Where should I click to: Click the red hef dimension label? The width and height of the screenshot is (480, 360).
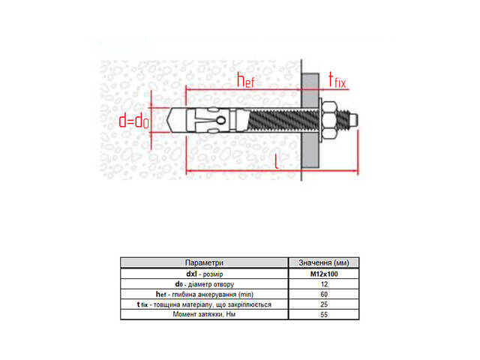click(x=246, y=80)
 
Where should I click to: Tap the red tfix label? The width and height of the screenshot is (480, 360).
click(x=337, y=80)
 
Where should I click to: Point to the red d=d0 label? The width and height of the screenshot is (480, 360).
click(x=134, y=121)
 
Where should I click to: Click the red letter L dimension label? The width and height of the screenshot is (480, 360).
click(x=277, y=161)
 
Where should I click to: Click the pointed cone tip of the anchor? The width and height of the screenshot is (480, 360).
click(x=168, y=120)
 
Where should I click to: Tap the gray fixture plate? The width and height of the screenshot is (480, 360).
click(x=310, y=120)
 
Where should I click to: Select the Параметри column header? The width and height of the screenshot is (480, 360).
click(x=204, y=262)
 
